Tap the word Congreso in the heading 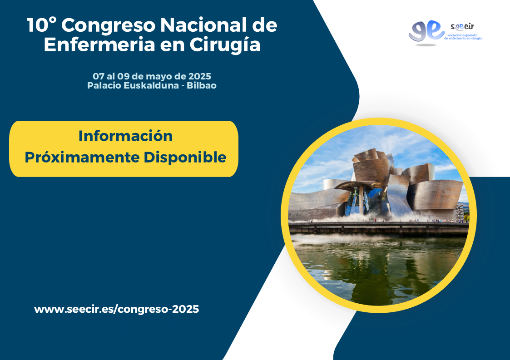(108, 26)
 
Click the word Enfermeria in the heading (99, 44)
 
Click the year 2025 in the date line (200, 76)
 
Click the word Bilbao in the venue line (202, 85)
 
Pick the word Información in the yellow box (125, 136)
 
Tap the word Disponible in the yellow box (185, 158)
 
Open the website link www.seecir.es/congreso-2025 (116, 309)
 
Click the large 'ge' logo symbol (426, 31)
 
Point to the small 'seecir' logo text (462, 27)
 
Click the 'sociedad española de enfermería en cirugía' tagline (463, 37)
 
